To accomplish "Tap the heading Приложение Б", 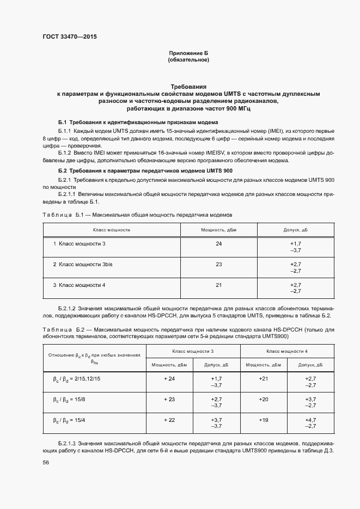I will (x=189, y=53).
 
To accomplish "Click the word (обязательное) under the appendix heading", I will (x=189, y=60).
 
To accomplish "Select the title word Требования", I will (x=189, y=87).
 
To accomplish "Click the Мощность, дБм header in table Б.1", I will (x=218, y=230).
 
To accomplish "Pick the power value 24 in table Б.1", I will (x=218, y=243).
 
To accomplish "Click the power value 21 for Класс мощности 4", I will (x=218, y=285).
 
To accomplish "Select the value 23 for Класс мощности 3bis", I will (x=218, y=264).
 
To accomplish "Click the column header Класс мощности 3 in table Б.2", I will (x=193, y=352).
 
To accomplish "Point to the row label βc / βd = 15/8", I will (x=69, y=400).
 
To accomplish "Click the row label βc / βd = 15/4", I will (x=69, y=421).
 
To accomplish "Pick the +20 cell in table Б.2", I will (x=264, y=400).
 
